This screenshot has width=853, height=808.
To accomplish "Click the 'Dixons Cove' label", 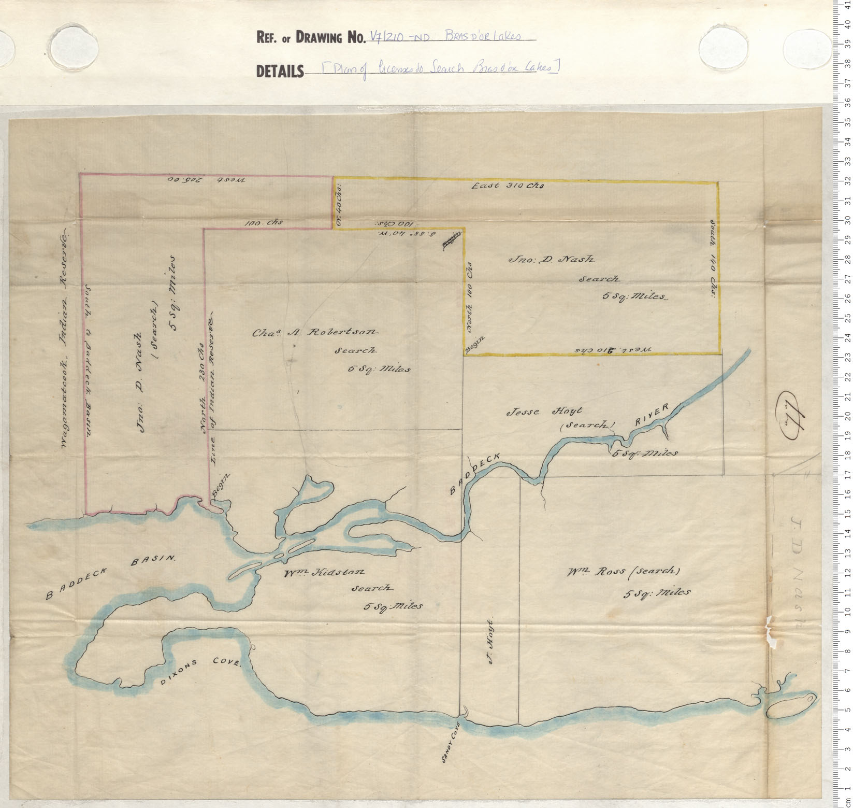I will pyautogui.click(x=201, y=671).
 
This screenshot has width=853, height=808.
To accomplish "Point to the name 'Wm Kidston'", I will pyautogui.click(x=324, y=573).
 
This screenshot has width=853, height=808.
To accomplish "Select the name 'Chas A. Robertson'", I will pyautogui.click(x=315, y=332).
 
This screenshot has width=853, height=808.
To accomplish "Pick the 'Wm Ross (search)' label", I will pyautogui.click(x=623, y=572).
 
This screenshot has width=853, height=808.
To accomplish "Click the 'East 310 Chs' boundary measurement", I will pyautogui.click(x=508, y=186).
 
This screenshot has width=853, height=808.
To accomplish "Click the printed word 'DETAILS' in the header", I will pyautogui.click(x=280, y=71).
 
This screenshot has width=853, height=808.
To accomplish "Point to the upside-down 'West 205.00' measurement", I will pyautogui.click(x=206, y=180).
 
